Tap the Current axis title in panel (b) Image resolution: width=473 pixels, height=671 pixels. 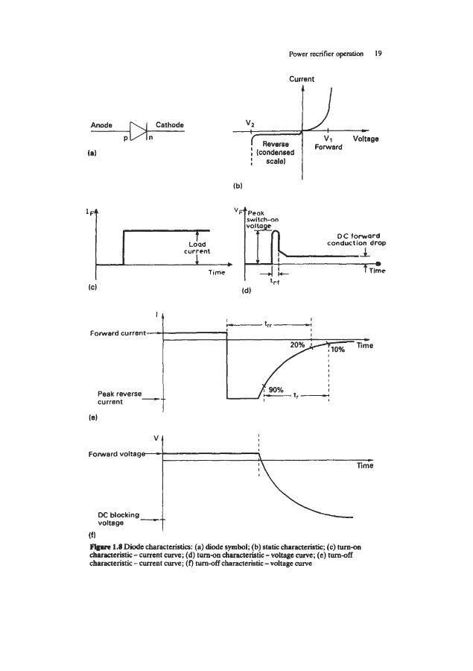(302, 79)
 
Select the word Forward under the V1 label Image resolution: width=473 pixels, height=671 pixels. (328, 148)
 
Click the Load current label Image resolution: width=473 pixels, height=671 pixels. (197, 247)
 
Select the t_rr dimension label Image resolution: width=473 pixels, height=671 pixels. (267, 324)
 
